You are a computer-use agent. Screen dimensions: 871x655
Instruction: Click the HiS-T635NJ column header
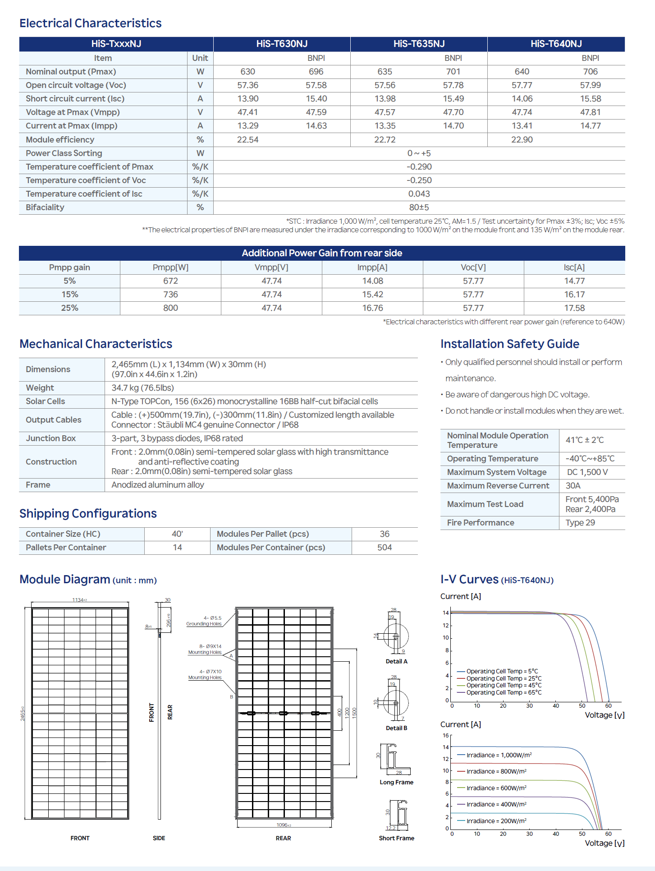419,44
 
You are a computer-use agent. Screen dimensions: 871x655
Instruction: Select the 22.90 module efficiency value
522,140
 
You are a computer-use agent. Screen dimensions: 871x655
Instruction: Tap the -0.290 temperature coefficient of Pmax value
419,167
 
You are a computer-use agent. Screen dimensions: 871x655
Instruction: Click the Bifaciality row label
45,207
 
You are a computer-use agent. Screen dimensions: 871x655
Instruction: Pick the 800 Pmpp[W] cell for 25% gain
170,308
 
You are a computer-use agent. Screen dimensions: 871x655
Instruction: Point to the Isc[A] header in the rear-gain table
574,267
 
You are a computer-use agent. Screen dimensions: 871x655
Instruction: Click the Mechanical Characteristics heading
96,344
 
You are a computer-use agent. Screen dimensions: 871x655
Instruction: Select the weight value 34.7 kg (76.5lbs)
142,388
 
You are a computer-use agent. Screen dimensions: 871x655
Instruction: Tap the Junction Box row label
50,438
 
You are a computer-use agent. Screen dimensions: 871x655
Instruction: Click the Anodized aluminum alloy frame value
158,485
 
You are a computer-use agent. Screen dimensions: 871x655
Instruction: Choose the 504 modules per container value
385,548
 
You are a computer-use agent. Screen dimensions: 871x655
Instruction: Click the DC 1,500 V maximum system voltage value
587,472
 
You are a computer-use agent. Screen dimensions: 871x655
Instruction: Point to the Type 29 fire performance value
580,523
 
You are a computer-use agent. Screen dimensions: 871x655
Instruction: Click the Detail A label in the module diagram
396,661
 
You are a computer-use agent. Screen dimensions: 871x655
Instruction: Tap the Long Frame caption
396,782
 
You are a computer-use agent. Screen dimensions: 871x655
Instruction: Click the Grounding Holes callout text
204,624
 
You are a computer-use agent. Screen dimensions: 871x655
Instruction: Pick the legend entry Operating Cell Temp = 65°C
504,692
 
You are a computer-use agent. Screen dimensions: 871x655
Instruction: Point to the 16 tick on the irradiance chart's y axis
446,735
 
